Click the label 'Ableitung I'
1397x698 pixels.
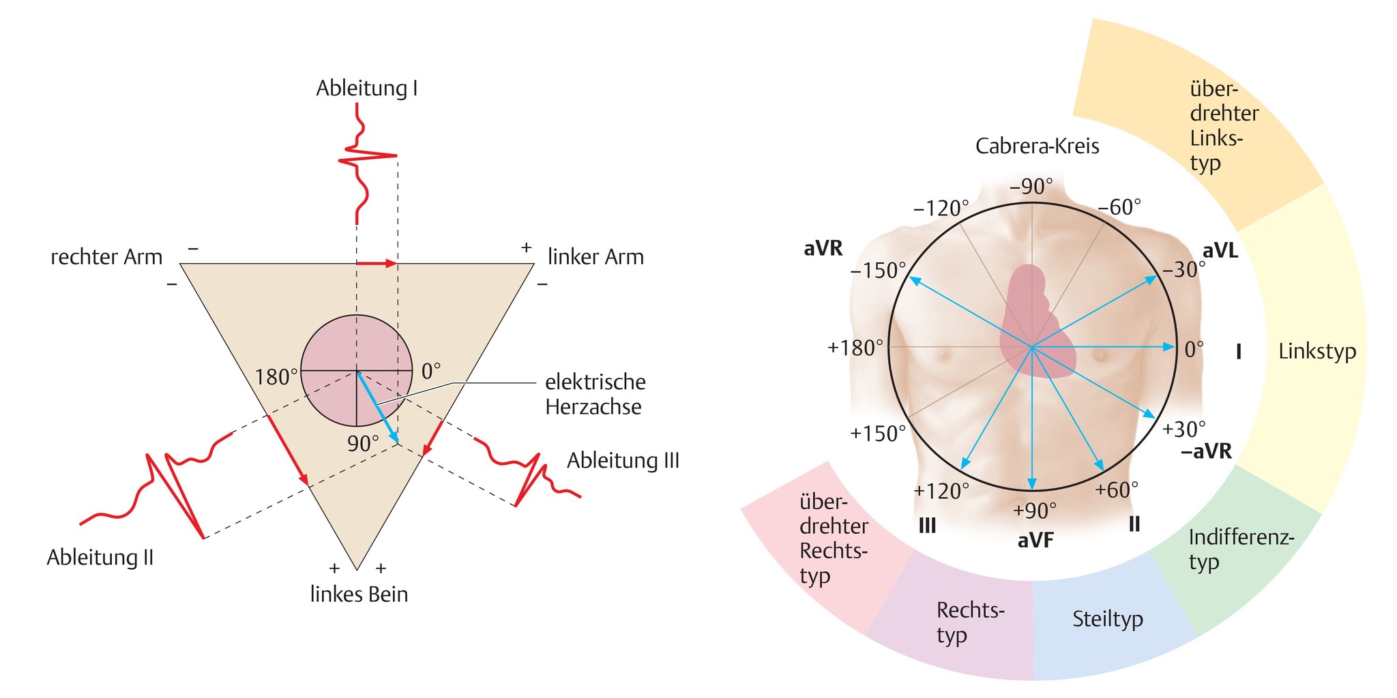[x=367, y=88]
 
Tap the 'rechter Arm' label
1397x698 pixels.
[x=106, y=257]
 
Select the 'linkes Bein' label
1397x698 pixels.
[x=359, y=594]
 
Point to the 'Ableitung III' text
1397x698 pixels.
[x=623, y=460]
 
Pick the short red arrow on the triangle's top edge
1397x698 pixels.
[x=377, y=263]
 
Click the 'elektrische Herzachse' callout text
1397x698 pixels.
[x=595, y=394]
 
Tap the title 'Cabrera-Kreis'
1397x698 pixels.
[x=1037, y=146]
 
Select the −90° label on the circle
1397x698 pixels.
[x=1031, y=186]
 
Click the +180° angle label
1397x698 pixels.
[x=855, y=348]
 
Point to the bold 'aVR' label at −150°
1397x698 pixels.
[x=823, y=249]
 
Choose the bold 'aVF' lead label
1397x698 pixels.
[x=1035, y=541]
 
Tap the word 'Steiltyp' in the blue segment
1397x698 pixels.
[x=1108, y=619]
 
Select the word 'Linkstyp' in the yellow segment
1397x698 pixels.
[x=1317, y=351]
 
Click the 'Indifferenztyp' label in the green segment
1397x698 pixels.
[x=1241, y=549]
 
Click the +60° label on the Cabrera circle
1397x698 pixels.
[x=1117, y=489]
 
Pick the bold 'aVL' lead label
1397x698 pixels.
[x=1220, y=251]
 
